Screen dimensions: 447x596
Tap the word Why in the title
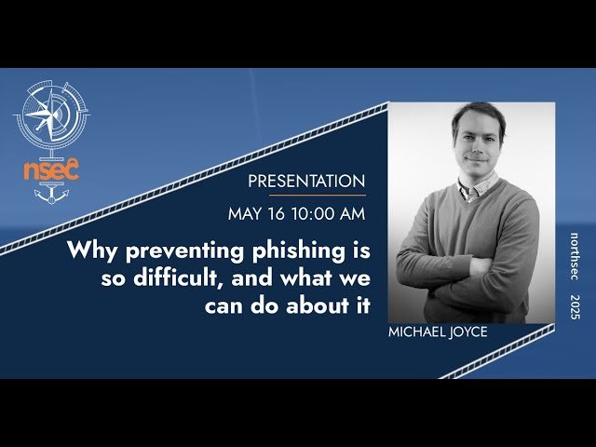coord(88,251)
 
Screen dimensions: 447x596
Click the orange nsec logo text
coord(52,169)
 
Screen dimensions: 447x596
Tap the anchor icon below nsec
coord(52,196)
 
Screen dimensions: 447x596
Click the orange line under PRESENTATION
coord(318,196)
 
